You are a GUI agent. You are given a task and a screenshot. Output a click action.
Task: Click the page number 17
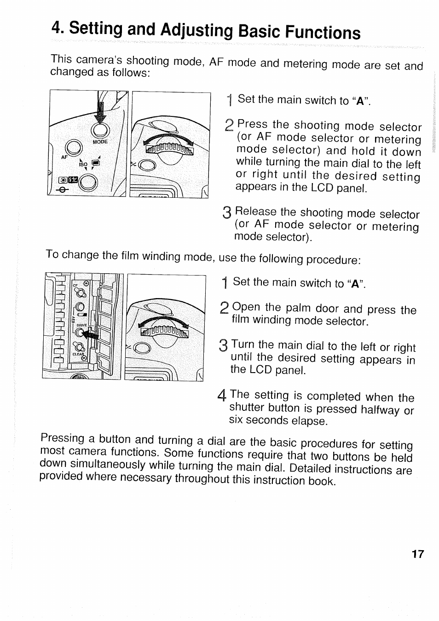417,554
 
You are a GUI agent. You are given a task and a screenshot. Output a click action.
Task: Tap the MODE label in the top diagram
100,142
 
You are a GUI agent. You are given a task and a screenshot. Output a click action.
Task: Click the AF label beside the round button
64,157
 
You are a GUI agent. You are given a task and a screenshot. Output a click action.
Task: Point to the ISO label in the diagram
83,164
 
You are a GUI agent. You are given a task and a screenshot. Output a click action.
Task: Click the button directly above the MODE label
100,130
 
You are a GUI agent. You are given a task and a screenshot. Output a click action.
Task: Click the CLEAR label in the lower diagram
79,354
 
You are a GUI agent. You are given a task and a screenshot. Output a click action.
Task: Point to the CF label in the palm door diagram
75,285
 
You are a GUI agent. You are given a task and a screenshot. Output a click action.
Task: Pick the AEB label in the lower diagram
73,321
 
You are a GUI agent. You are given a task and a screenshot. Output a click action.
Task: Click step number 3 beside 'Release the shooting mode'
227,213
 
